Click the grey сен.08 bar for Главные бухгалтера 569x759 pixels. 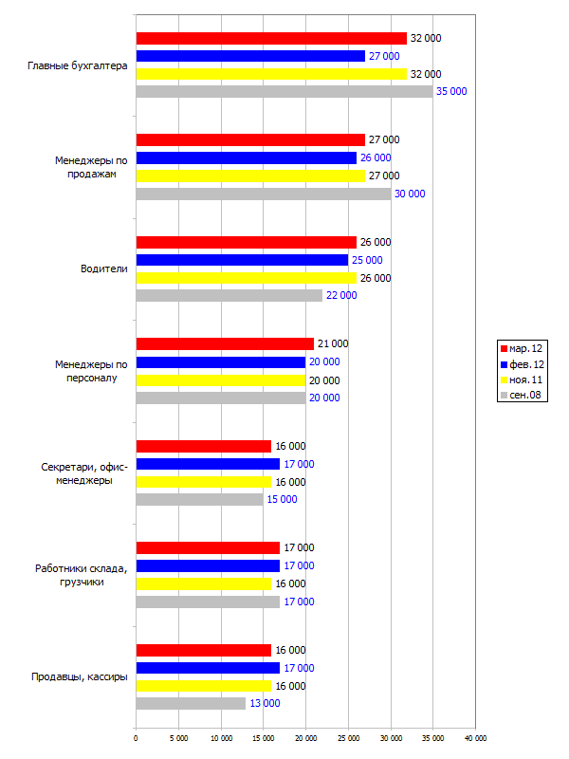(x=284, y=91)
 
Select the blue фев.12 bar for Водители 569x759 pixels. (x=242, y=260)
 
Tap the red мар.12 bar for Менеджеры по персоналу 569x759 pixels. (x=225, y=343)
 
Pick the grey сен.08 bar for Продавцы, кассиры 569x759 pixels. (x=191, y=703)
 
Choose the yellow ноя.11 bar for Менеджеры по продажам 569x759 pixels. (x=250, y=176)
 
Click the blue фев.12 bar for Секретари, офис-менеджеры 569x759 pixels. (x=208, y=464)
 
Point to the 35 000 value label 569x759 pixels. (x=451, y=91)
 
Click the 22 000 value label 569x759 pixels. (x=341, y=295)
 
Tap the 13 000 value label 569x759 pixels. (x=265, y=703)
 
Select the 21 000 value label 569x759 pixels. (x=333, y=343)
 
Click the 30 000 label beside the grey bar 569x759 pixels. (x=410, y=194)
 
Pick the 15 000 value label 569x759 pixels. (x=282, y=499)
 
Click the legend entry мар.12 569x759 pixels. (x=522, y=348)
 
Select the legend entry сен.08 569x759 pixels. (x=521, y=395)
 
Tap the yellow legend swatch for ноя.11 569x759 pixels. (x=504, y=380)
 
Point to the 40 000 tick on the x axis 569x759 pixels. (x=476, y=738)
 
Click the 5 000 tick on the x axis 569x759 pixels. (x=178, y=738)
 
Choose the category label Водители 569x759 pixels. (x=104, y=268)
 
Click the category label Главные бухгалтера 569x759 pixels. (x=78, y=65)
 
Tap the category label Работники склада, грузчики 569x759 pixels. (x=82, y=575)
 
